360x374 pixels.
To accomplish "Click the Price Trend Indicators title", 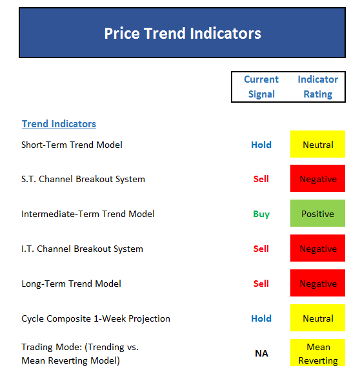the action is click(x=183, y=33).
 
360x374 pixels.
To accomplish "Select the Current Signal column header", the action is click(x=261, y=87).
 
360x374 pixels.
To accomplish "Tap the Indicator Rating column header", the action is click(x=318, y=87).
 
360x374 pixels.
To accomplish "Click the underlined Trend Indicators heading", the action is click(x=59, y=124).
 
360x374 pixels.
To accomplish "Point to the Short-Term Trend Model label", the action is click(x=72, y=145).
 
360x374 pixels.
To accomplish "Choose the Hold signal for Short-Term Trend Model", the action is click(x=261, y=145).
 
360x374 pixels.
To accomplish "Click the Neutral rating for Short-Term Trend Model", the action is click(x=317, y=144).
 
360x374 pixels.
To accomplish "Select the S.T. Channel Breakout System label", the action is click(x=83, y=179).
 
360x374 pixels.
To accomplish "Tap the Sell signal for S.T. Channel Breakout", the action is click(x=261, y=179).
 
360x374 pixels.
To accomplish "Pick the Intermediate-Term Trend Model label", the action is click(x=88, y=214).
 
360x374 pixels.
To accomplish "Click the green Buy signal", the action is click(x=261, y=214).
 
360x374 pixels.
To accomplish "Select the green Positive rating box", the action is click(x=317, y=213).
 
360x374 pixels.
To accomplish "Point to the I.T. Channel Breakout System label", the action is click(x=82, y=249).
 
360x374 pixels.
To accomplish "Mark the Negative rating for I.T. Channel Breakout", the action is click(x=317, y=248).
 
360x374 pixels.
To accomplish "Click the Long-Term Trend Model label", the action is click(x=71, y=284).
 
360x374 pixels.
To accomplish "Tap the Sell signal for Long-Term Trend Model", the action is click(x=261, y=284).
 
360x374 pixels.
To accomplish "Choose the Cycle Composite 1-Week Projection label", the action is click(x=95, y=318).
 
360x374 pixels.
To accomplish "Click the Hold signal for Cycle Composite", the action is click(x=261, y=318).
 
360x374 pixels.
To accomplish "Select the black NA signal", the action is click(x=261, y=353).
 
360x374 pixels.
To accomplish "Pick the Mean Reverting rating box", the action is click(x=317, y=353).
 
